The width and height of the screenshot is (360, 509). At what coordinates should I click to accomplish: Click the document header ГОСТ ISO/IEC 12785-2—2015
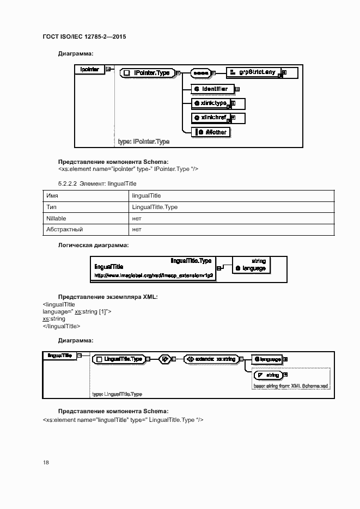tap(88, 36)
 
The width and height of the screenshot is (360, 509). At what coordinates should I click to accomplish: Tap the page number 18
tap(46, 462)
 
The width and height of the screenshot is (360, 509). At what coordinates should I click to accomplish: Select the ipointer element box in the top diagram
tap(90, 69)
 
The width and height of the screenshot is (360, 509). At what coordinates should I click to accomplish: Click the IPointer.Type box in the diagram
tap(148, 72)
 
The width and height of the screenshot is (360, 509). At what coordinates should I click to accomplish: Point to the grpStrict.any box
tap(253, 72)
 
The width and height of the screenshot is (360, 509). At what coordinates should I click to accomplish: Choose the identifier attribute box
tap(213, 88)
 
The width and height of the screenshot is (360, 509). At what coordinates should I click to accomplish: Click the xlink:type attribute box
tap(212, 103)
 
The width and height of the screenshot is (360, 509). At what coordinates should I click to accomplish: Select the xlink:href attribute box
tap(212, 118)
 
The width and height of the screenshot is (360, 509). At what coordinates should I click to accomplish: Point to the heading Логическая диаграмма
tap(93, 246)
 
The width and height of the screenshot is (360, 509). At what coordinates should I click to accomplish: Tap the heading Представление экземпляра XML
tap(107, 297)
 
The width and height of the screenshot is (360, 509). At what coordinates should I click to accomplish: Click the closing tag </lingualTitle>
tap(62, 326)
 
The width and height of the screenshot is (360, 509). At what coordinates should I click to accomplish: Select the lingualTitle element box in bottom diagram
tap(59, 355)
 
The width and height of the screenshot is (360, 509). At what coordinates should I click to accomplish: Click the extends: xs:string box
tap(211, 359)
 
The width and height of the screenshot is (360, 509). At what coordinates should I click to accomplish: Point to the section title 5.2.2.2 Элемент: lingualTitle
tap(97, 184)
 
